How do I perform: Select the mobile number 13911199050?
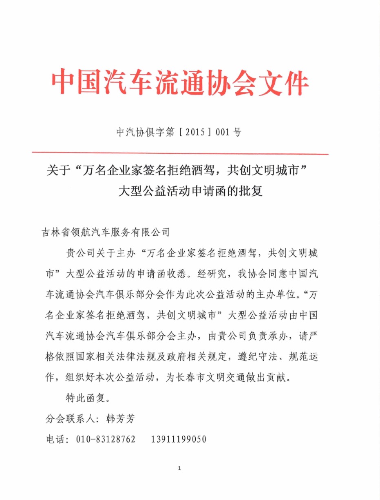click(179, 440)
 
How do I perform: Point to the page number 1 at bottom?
click(179, 468)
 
